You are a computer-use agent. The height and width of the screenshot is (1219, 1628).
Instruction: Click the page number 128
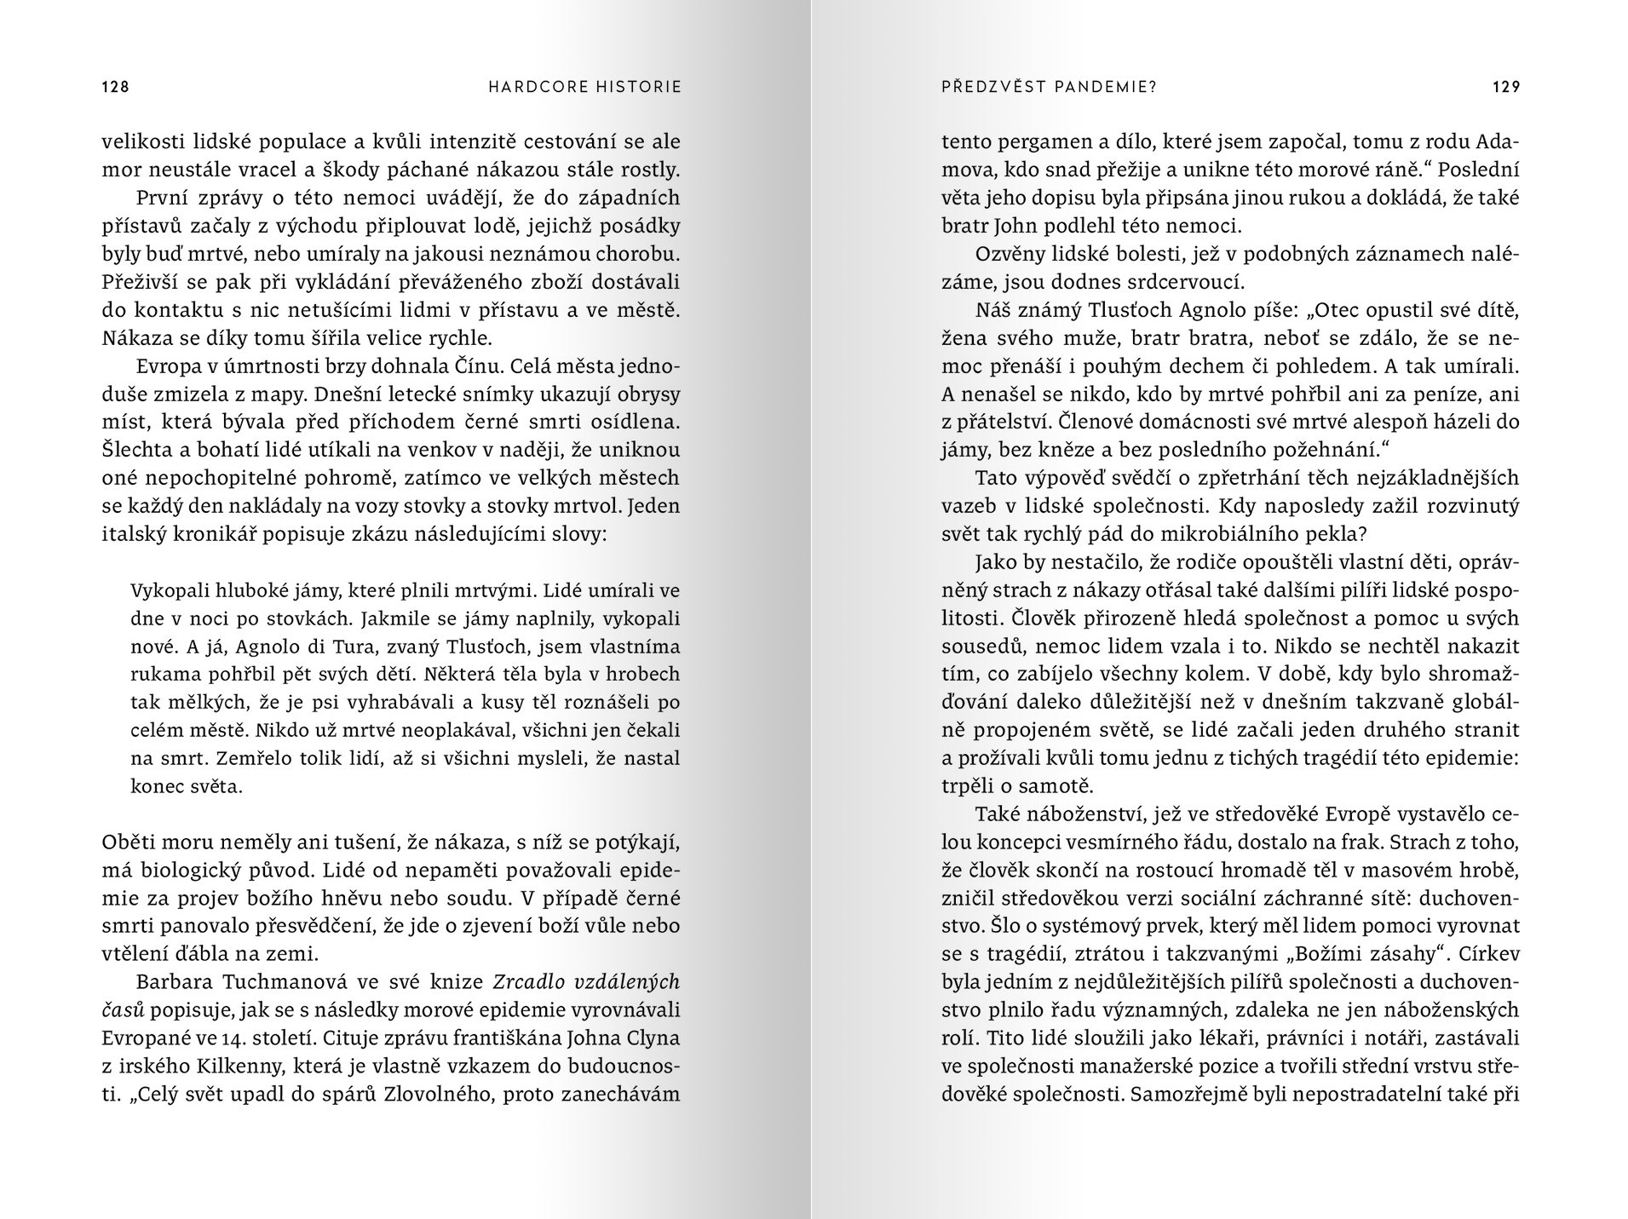tap(115, 87)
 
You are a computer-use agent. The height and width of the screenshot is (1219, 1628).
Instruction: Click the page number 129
tap(1506, 87)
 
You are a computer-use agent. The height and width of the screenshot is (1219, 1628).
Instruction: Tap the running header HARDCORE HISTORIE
tap(585, 87)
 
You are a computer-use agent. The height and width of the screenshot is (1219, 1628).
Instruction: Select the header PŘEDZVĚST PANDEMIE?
tap(1049, 87)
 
